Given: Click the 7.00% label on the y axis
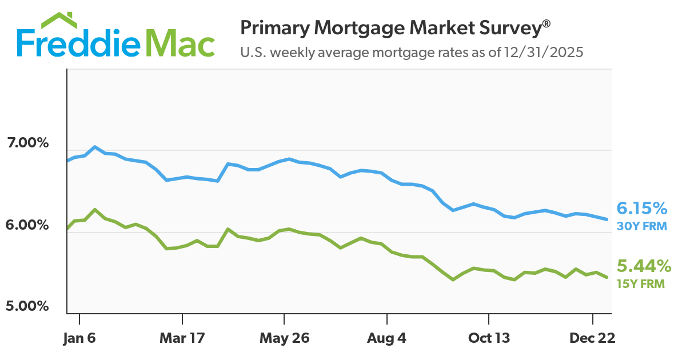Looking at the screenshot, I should click(27, 143).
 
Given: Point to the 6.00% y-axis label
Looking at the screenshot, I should click(27, 225).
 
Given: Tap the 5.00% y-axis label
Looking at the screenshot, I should click(27, 306).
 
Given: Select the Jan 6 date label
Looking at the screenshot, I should click(79, 338).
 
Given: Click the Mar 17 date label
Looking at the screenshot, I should click(182, 338).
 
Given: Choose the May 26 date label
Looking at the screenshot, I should click(284, 338).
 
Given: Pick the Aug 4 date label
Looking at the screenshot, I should click(387, 338).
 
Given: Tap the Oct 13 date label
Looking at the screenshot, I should click(489, 338).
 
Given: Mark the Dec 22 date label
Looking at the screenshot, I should click(592, 338).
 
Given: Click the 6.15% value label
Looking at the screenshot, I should click(641, 208).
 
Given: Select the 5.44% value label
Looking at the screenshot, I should click(644, 266).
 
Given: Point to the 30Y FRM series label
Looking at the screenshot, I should click(641, 226).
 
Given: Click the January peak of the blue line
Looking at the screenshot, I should click(94, 146).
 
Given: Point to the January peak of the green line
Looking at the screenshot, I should click(94, 209).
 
